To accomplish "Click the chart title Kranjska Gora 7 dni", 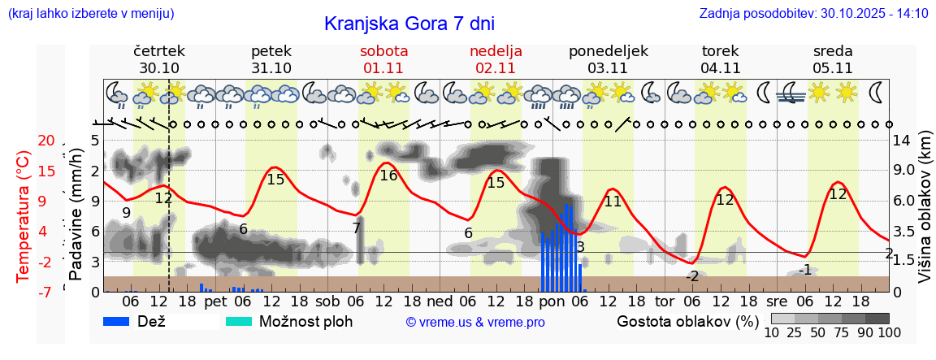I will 409,24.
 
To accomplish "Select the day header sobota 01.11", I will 383,59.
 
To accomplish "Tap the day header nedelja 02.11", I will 496,59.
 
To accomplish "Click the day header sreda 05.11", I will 832,59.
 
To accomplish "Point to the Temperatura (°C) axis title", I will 24,216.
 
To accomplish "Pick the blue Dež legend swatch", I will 122,321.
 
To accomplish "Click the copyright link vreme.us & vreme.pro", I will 475,322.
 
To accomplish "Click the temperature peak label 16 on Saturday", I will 388,176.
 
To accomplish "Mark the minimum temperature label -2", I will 691,276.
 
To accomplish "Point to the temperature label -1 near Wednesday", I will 804,270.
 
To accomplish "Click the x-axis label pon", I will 552,301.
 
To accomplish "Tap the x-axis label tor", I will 665,301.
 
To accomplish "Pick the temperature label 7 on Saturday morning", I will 356,228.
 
